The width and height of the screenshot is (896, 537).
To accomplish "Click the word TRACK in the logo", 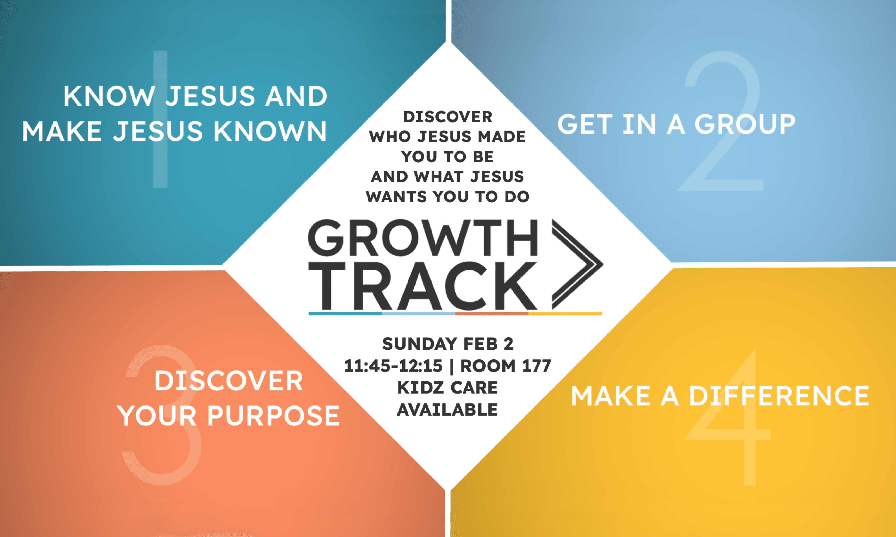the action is [423, 286].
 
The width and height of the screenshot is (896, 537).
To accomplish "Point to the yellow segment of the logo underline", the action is [565, 313].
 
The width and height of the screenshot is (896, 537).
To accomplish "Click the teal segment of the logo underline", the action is [345, 313].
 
